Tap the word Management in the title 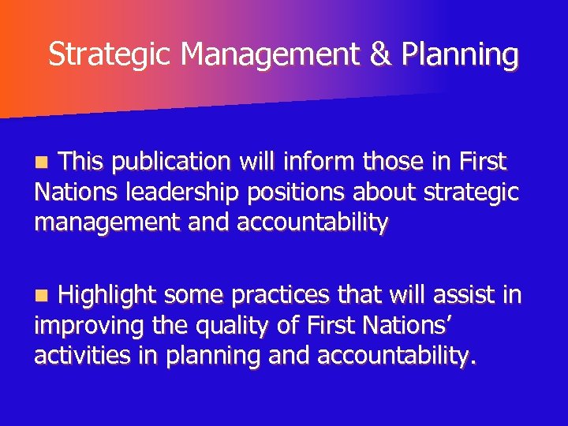(x=270, y=54)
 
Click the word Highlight (x=110, y=296)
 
